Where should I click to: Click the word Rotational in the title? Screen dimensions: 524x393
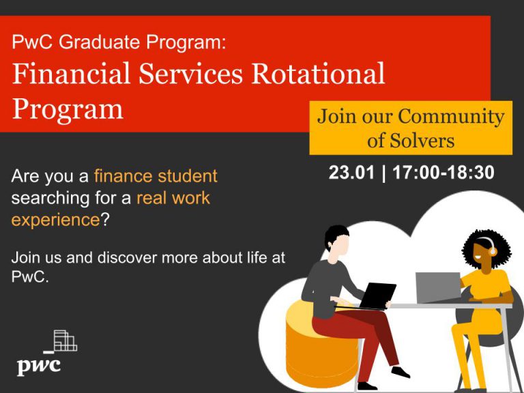point(318,74)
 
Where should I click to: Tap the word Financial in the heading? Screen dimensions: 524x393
point(71,73)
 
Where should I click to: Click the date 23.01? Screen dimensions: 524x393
point(351,173)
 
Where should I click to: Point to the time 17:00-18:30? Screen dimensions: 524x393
point(443,173)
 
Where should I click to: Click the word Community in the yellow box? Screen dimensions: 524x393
point(451,117)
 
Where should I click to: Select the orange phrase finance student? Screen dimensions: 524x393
point(156,176)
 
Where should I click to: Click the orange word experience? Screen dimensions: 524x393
point(55,220)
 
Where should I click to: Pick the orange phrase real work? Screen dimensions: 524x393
point(173,198)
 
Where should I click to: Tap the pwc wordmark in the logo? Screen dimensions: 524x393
point(39,366)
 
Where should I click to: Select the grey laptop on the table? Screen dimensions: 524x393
point(439,287)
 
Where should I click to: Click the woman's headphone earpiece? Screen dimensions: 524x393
point(493,250)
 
